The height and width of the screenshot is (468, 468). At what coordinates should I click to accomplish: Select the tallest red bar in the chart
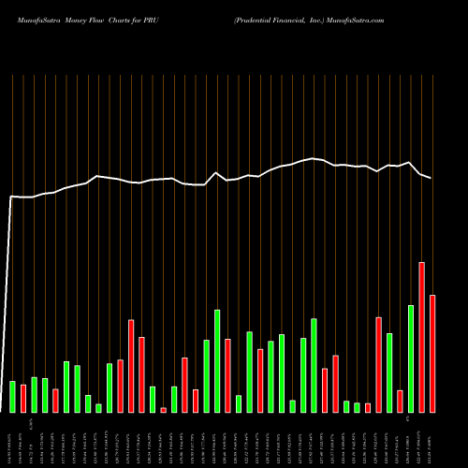coord(421,337)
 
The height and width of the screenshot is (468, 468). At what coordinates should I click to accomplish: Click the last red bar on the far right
coord(432,354)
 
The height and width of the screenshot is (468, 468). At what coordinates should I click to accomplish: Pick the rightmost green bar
coord(411,358)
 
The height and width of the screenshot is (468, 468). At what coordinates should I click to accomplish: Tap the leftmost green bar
coord(12,397)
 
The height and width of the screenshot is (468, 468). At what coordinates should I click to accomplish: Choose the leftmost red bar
coord(55,401)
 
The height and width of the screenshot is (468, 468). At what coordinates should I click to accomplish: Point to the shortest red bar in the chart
coord(163,410)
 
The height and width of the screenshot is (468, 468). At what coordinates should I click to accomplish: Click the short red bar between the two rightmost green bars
coord(400,402)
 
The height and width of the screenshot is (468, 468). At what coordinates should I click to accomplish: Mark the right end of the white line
coord(431,178)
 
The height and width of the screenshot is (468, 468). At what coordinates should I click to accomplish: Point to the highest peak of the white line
coord(313,159)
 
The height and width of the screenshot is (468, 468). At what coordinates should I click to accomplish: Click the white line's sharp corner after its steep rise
coord(11,197)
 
